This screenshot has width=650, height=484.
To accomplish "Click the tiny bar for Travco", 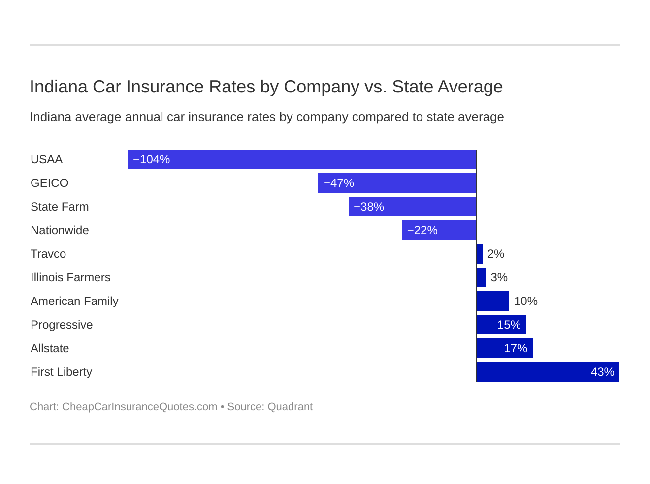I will coord(480,254).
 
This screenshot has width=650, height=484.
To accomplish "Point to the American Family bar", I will coord(493,301).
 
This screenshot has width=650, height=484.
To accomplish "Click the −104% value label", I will coord(152,159).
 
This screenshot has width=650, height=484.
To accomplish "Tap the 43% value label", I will coord(602,372).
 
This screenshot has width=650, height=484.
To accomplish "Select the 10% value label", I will coord(525,301).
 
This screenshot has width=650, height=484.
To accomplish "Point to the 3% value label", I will coord(499,277).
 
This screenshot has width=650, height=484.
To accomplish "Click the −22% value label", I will coord(422,230).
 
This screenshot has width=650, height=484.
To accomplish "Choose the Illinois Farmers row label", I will coord(70,277).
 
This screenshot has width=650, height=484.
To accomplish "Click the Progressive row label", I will coord(62,325).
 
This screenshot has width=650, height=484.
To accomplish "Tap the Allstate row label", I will coord(50,348).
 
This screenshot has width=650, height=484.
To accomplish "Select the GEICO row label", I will coord(49,183).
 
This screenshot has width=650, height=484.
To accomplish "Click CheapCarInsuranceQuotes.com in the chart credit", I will coord(139,407).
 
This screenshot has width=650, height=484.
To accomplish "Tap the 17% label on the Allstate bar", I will coord(516,348).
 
